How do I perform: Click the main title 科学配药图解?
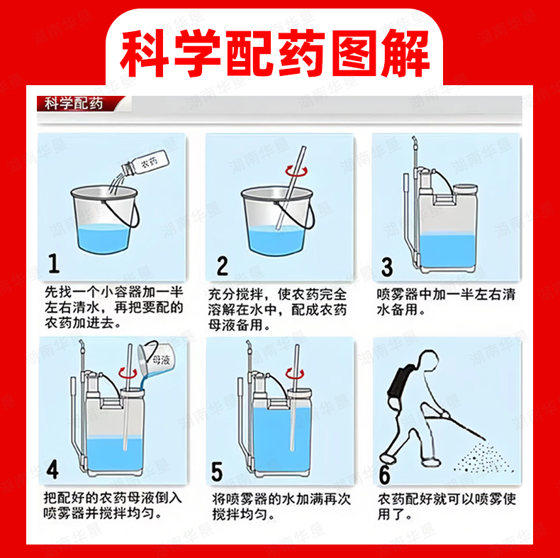[274, 53]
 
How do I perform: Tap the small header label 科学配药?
[74, 104]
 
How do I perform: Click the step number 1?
[54, 263]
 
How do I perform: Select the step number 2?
[222, 266]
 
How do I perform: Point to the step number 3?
[387, 267]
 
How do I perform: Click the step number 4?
[52, 469]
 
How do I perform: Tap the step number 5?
[217, 471]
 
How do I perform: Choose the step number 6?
[384, 475]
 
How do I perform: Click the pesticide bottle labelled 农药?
[145, 163]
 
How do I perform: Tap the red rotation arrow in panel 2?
[296, 171]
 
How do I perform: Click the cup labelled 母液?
[156, 359]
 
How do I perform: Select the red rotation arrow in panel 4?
[128, 373]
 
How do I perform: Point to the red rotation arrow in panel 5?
[295, 374]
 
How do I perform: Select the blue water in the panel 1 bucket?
[103, 238]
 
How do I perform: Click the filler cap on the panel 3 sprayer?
[464, 189]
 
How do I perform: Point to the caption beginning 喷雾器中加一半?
[446, 302]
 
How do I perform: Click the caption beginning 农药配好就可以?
[447, 506]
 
